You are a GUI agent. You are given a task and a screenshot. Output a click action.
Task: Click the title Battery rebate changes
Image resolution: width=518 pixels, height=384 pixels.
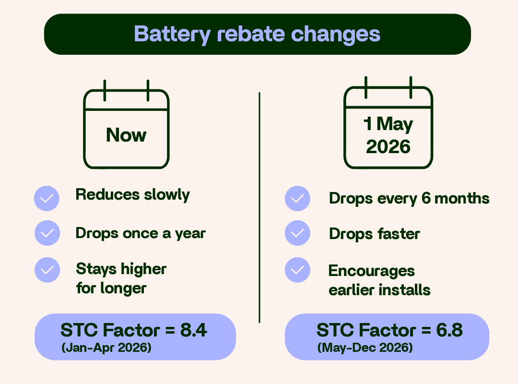pyautogui.click(x=257, y=34)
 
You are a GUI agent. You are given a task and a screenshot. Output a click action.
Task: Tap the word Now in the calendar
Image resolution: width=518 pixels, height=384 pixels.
pyautogui.click(x=126, y=135)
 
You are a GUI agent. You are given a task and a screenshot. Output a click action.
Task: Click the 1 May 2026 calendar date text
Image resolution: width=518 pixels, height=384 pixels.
pyautogui.click(x=388, y=136)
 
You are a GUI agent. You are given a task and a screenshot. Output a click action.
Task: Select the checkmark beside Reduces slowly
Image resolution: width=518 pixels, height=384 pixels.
pyautogui.click(x=47, y=198)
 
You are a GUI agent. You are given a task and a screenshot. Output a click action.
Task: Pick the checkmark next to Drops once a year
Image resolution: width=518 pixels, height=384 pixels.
pyautogui.click(x=47, y=233)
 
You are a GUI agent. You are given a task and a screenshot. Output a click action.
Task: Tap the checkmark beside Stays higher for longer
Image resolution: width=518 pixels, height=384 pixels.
pyautogui.click(x=47, y=270)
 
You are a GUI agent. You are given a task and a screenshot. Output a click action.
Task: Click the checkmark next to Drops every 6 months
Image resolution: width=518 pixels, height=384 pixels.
pyautogui.click(x=297, y=198)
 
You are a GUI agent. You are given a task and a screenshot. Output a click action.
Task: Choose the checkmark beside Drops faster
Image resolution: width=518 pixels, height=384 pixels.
pyautogui.click(x=297, y=233)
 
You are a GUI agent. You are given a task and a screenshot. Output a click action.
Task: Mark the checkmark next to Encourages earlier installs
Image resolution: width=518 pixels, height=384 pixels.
pyautogui.click(x=297, y=270)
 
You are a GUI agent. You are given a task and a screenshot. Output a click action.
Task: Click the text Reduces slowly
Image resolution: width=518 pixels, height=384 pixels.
pyautogui.click(x=133, y=195)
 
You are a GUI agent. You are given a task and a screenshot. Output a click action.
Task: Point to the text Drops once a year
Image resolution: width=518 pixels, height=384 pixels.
pyautogui.click(x=141, y=233)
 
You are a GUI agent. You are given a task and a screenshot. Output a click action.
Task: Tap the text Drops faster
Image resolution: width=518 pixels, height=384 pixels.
pyautogui.click(x=374, y=234)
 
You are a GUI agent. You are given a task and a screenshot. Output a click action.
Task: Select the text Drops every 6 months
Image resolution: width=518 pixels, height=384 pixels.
pyautogui.click(x=409, y=198)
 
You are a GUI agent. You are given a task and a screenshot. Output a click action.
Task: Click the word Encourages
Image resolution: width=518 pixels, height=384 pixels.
pyautogui.click(x=371, y=271)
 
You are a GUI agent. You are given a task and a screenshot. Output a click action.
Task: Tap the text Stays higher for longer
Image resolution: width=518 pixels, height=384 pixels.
pyautogui.click(x=121, y=278)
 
